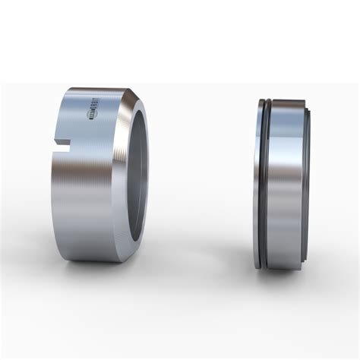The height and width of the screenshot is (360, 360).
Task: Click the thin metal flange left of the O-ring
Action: (257, 182)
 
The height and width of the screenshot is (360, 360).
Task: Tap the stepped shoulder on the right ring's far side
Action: (307, 182)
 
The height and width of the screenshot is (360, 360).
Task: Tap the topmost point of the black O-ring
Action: (265, 100)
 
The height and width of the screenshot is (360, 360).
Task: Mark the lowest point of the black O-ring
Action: (264, 268)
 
